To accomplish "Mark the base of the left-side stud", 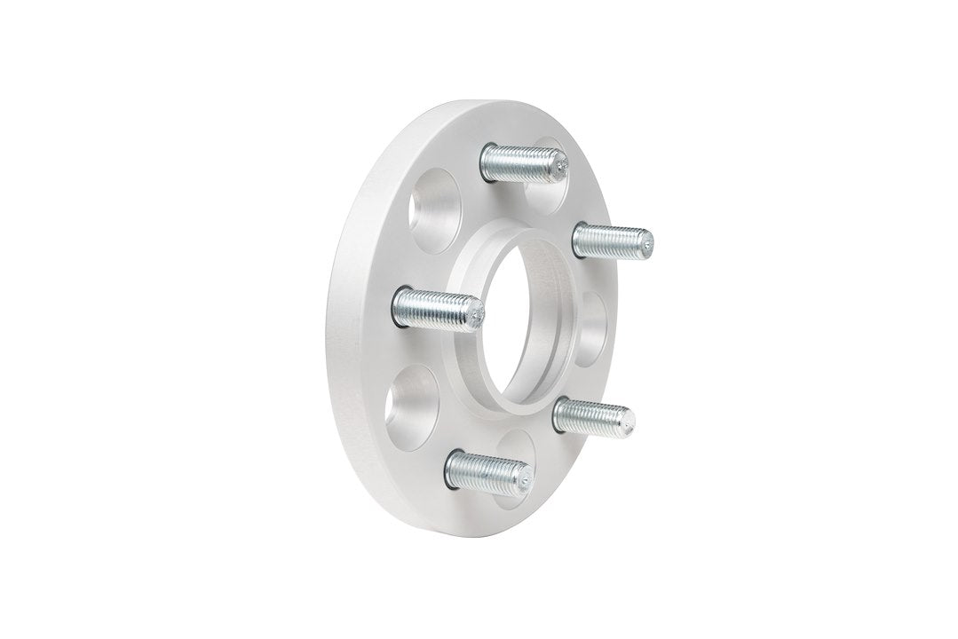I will tap(401, 306).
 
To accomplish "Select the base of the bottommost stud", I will tap(453, 467).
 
